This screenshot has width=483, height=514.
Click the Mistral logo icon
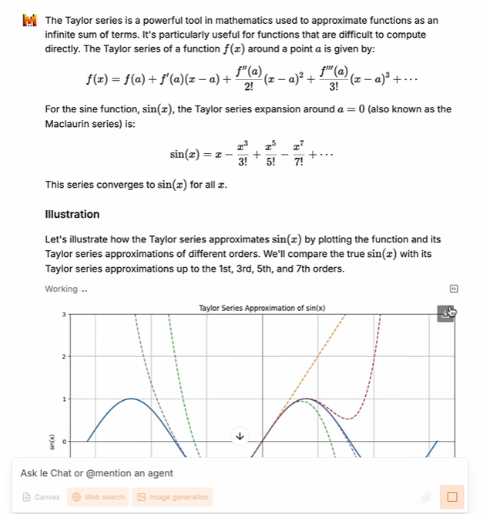[30, 21]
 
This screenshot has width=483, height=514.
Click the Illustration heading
[72, 214]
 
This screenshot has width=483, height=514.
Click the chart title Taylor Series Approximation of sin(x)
[262, 309]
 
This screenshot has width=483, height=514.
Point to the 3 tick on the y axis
[65, 315]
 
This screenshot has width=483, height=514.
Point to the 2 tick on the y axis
[65, 357]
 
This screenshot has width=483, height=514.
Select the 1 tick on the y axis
[65, 399]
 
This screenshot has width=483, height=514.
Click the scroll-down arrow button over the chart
[240, 436]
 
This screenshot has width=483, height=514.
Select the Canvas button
[42, 497]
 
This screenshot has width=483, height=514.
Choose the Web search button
[98, 497]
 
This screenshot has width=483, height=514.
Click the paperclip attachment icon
[424, 498]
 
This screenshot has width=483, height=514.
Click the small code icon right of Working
[454, 289]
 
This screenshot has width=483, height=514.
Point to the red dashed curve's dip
[349, 419]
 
